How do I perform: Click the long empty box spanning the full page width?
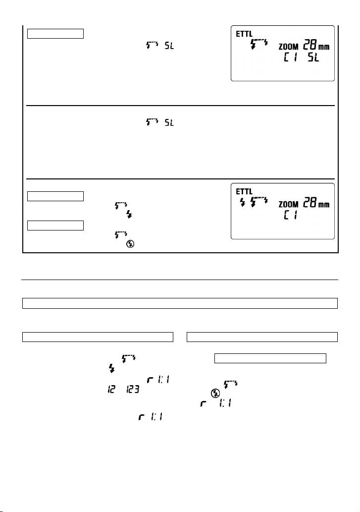180,303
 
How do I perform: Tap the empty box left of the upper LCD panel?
55,34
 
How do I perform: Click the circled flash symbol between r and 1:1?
215,394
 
